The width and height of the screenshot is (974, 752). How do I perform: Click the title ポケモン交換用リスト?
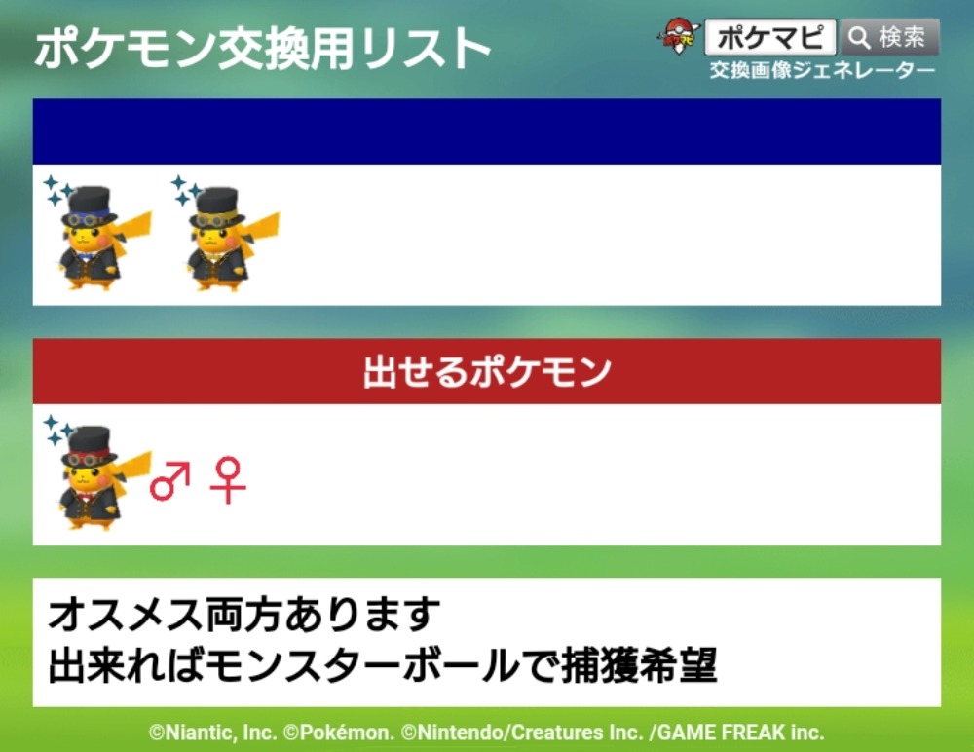tap(262, 49)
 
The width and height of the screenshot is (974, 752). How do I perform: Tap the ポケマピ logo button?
tap(770, 37)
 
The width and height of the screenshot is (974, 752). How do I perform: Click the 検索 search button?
tap(889, 37)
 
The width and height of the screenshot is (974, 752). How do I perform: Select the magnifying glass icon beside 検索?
tap(859, 38)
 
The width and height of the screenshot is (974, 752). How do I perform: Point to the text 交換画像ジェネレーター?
tap(822, 70)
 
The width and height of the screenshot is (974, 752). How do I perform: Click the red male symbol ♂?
tap(169, 480)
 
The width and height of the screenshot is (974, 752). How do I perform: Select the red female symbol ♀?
tap(228, 480)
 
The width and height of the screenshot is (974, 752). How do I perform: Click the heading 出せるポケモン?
tap(487, 372)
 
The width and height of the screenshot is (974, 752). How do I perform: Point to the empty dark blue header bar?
tap(487, 132)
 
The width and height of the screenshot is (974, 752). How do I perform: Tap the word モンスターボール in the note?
tap(359, 665)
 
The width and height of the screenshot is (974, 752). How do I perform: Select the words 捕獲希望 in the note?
tap(639, 665)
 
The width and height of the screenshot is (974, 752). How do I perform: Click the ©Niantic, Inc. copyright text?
tap(212, 733)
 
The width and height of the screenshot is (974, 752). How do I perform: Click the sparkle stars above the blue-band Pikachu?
tap(57, 190)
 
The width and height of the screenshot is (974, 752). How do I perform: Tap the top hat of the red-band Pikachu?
tap(89, 446)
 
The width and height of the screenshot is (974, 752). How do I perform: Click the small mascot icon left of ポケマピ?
tap(678, 36)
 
